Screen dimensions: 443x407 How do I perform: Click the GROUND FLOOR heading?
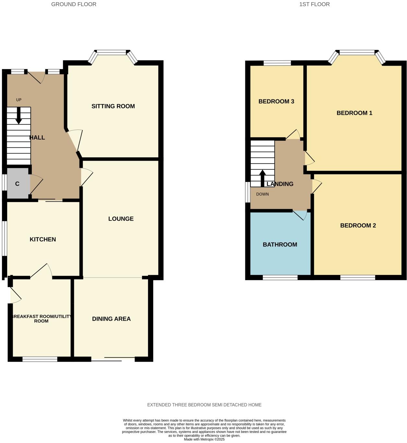click(x=74, y=4)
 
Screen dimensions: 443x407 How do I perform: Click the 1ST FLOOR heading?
click(x=314, y=4)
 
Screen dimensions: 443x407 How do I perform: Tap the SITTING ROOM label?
click(x=113, y=106)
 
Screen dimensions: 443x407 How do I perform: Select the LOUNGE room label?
click(x=121, y=219)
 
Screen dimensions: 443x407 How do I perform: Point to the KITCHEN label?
click(x=43, y=239)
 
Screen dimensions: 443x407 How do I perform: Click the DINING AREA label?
click(x=111, y=319)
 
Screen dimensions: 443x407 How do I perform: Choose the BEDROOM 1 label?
click(x=354, y=113)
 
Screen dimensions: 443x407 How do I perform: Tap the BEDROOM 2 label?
click(x=358, y=226)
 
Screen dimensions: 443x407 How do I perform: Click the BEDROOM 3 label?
click(x=276, y=101)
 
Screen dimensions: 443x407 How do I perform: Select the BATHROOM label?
click(x=280, y=244)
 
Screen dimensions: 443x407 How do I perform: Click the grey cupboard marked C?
click(x=17, y=184)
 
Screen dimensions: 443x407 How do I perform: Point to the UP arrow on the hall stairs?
click(x=19, y=115)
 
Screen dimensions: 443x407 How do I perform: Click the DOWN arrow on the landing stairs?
click(x=262, y=178)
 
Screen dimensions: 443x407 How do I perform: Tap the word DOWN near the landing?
click(x=262, y=194)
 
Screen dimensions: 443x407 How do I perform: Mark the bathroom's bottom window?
click(x=280, y=278)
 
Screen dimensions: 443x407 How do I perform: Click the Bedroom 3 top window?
click(x=277, y=63)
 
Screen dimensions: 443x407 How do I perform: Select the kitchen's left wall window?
click(x=4, y=239)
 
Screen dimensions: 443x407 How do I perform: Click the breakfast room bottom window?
click(x=40, y=359)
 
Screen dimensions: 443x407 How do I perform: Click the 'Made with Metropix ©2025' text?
click(x=204, y=439)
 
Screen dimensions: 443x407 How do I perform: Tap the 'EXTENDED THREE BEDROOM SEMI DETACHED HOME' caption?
click(x=204, y=405)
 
